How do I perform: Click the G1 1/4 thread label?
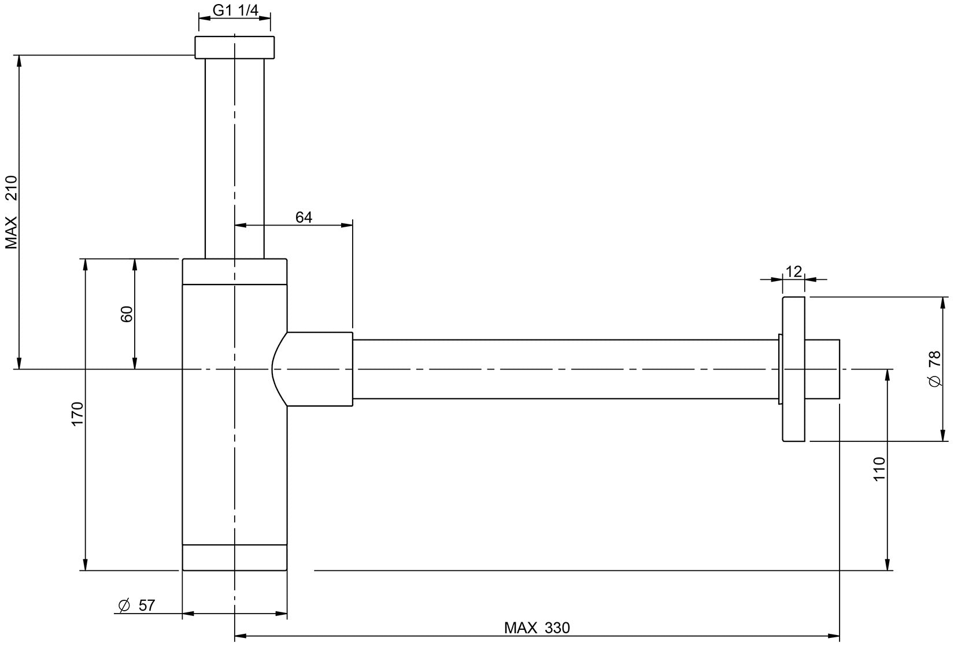pyautogui.click(x=235, y=10)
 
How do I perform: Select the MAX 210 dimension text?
pyautogui.click(x=12, y=212)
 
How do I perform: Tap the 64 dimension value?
pyautogui.click(x=304, y=217)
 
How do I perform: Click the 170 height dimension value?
pyautogui.click(x=77, y=414)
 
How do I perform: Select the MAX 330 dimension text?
pyautogui.click(x=537, y=627)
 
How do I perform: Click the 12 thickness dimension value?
pyautogui.click(x=794, y=271)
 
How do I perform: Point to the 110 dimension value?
pyautogui.click(x=879, y=468)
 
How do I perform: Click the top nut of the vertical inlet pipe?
pyautogui.click(x=234, y=47)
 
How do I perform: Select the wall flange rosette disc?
pyautogui.click(x=793, y=369)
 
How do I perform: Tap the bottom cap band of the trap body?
pyautogui.click(x=234, y=558)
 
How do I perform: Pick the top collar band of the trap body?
pyautogui.click(x=234, y=271)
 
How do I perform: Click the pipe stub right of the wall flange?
pyautogui.click(x=822, y=369)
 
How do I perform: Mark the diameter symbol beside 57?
pyautogui.click(x=124, y=605)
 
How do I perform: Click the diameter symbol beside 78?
pyautogui.click(x=935, y=382)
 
